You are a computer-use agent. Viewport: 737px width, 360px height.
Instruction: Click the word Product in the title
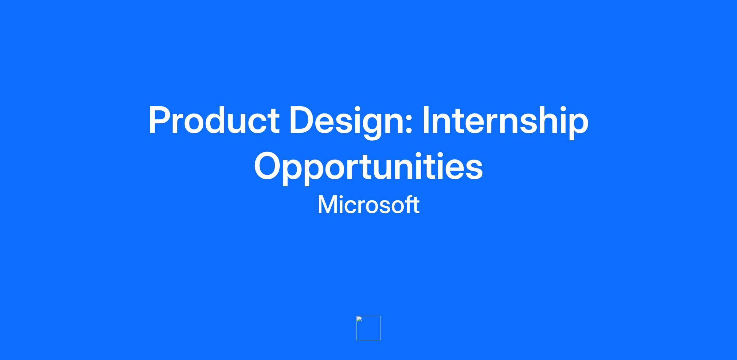pyautogui.click(x=214, y=120)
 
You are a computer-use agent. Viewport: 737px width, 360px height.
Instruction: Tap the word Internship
pyautogui.click(x=505, y=122)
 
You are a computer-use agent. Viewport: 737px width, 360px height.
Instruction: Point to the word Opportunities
pyautogui.click(x=368, y=168)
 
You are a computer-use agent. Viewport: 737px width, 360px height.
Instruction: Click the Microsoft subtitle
pyautogui.click(x=368, y=205)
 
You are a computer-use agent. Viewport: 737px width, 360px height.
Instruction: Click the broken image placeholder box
pyautogui.click(x=368, y=328)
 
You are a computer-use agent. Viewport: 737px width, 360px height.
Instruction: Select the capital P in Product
pyautogui.click(x=160, y=120)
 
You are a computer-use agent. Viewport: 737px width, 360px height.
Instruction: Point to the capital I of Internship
pyautogui.click(x=426, y=120)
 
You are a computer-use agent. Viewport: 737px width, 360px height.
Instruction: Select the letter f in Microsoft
pyautogui.click(x=409, y=204)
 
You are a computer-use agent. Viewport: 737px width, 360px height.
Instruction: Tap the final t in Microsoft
pyautogui.click(x=416, y=205)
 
